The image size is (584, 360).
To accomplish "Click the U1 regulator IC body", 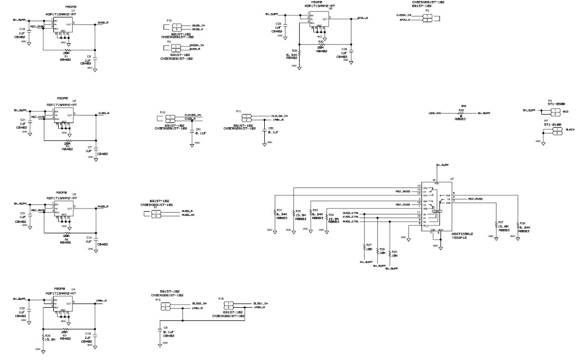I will tap(62, 26).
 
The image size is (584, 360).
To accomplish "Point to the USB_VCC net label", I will tap(435, 113).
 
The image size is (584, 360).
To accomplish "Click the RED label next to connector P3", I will tap(565, 112).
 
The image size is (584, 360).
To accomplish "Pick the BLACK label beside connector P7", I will tap(569, 130).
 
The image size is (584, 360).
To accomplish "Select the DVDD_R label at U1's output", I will tap(103, 23).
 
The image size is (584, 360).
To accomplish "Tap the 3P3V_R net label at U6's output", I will tap(362, 18).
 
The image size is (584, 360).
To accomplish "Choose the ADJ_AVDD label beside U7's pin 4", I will tap(476, 199).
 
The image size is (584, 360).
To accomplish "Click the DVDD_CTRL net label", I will tap(350, 212).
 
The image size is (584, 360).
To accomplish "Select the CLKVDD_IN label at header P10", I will tap(192, 115).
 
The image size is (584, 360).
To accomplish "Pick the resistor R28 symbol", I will tap(300, 53).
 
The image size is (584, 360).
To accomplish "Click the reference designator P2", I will tap(427, 11).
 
